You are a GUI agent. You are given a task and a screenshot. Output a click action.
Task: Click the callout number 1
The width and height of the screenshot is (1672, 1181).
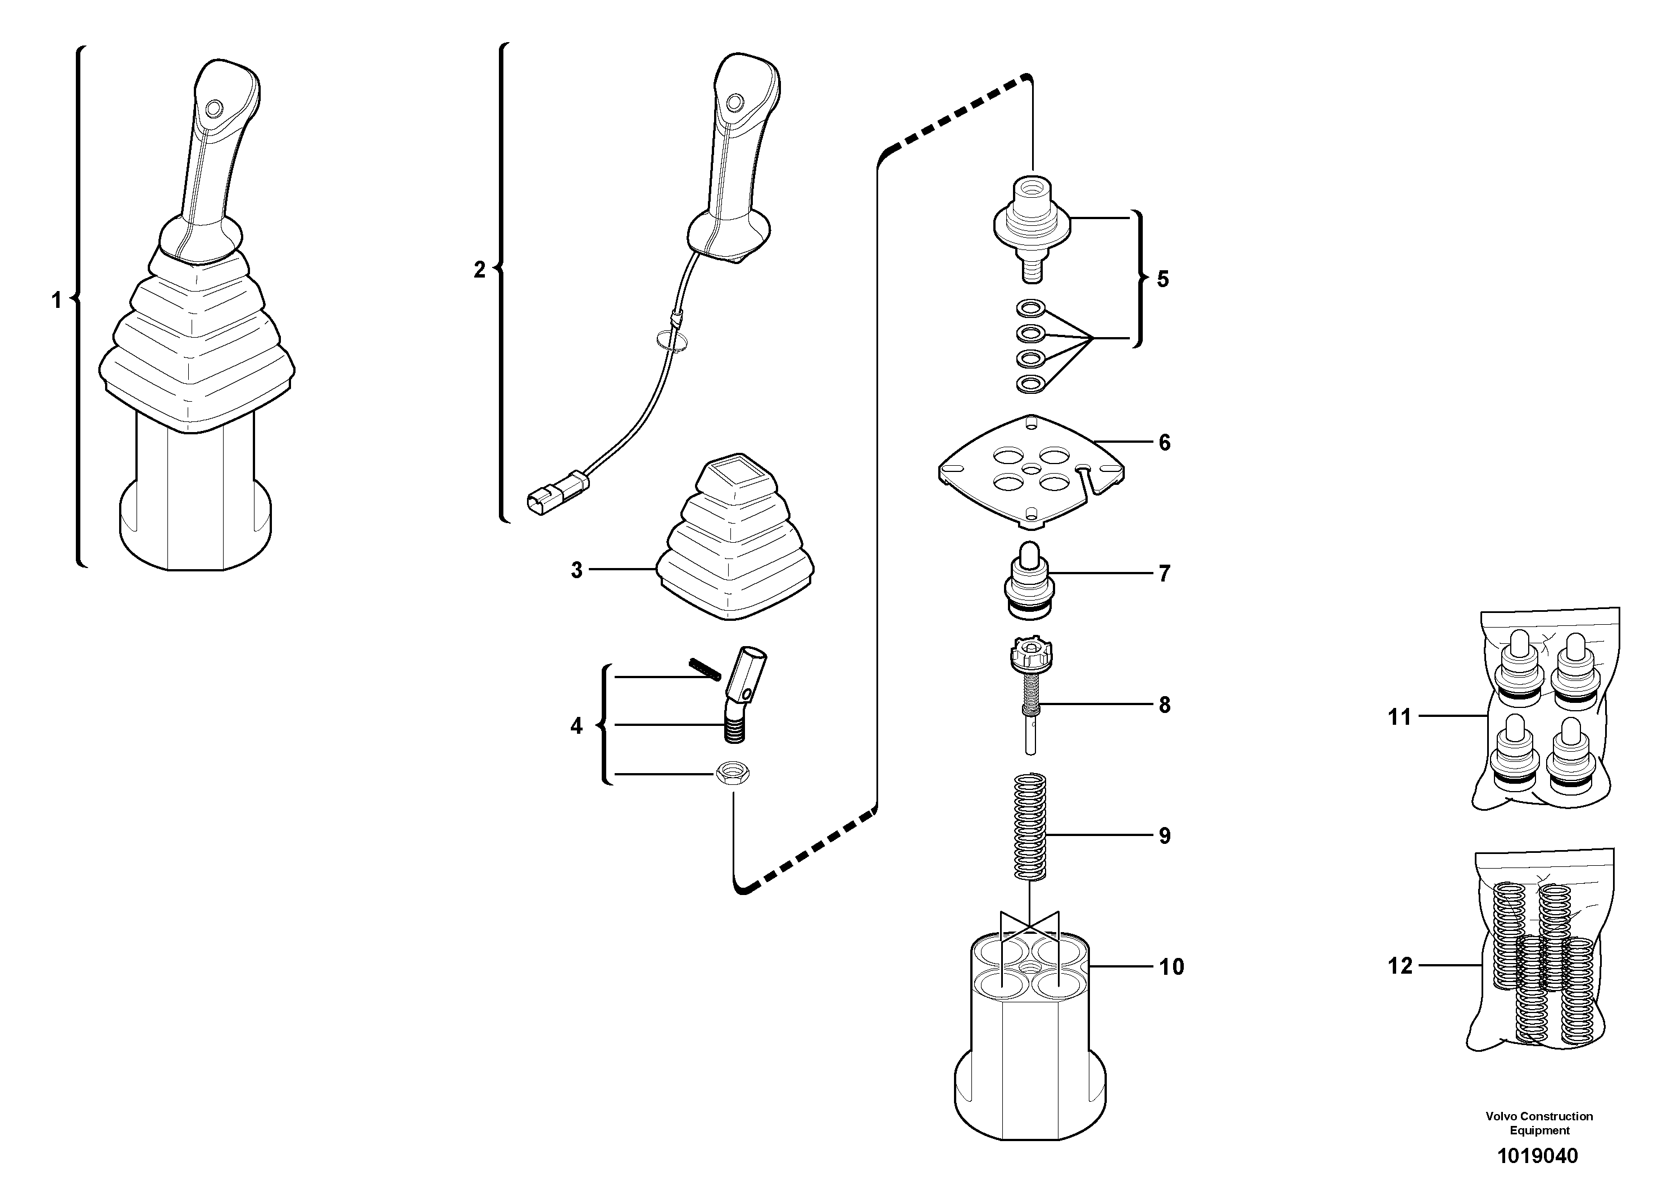pos(56,300)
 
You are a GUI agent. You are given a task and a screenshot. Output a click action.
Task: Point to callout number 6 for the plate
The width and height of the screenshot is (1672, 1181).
pos(1164,443)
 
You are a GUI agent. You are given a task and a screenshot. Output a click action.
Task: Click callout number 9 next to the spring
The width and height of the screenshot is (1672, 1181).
pos(1164,836)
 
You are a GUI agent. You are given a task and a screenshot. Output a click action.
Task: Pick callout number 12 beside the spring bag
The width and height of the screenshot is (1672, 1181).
pos(1399,966)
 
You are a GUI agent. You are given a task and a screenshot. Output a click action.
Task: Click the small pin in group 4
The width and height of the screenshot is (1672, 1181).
pos(703,667)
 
